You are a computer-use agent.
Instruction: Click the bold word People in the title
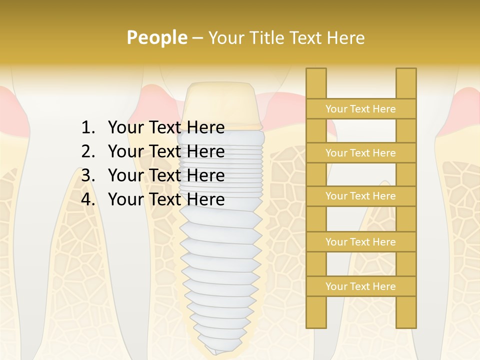point(156,37)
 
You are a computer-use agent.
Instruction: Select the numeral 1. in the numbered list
point(88,128)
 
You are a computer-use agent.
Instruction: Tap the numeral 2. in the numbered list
point(88,151)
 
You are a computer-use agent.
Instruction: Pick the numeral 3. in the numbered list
point(88,175)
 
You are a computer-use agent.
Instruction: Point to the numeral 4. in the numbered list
point(88,199)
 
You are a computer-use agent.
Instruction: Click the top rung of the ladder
point(360,109)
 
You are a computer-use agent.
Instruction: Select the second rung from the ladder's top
point(360,153)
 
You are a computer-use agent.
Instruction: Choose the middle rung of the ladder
point(360,196)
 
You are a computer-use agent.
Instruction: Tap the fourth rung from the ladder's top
point(360,242)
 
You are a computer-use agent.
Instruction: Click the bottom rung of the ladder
point(360,286)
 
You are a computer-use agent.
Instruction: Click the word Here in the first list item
point(205,128)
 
